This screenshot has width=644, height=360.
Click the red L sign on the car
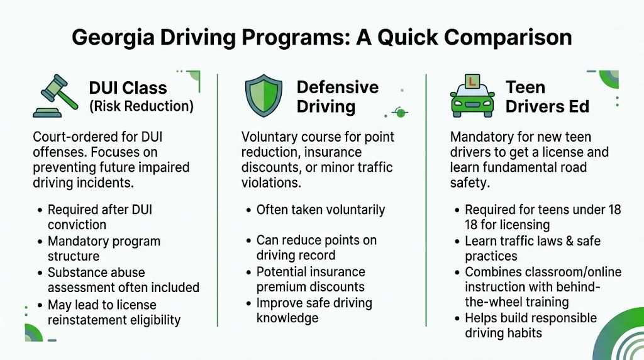(x=471, y=82)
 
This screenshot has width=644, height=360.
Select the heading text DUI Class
(x=128, y=88)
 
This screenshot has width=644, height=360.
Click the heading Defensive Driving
(x=337, y=96)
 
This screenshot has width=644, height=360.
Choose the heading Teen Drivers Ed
(x=547, y=96)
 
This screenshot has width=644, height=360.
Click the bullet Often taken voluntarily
(x=320, y=210)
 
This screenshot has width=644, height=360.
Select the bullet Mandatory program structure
(x=104, y=249)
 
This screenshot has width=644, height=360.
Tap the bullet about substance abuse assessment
(x=123, y=280)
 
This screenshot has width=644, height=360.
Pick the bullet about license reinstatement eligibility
(x=114, y=312)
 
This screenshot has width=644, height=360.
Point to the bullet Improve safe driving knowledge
(x=314, y=310)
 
